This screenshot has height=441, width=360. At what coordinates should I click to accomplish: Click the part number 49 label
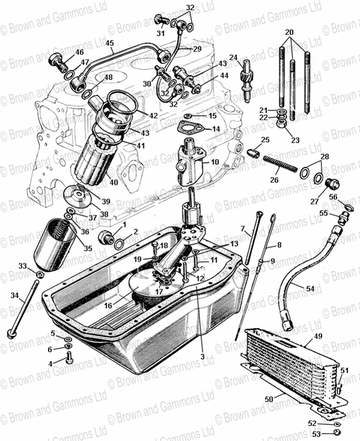pyautogui.click(x=318, y=336)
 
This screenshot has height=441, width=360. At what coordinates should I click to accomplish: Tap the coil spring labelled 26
pyautogui.click(x=280, y=164)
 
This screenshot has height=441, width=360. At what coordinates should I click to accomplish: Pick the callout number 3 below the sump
pyautogui.click(x=203, y=356)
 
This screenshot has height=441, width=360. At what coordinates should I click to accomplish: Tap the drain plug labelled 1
pyautogui.click(x=106, y=238)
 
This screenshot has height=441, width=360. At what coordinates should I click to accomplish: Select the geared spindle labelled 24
pyautogui.click(x=247, y=82)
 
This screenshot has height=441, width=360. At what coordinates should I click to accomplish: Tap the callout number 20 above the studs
pyautogui.click(x=289, y=32)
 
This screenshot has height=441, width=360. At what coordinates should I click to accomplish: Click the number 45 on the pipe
pyautogui.click(x=110, y=43)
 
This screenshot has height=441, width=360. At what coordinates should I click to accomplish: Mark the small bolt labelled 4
pyautogui.click(x=68, y=357)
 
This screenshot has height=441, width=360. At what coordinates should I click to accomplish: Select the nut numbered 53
pyautogui.click(x=337, y=433)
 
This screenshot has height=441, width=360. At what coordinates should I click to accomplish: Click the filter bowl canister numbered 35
pyautogui.click(x=54, y=246)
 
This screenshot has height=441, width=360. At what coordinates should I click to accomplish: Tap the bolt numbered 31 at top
pyautogui.click(x=162, y=20)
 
